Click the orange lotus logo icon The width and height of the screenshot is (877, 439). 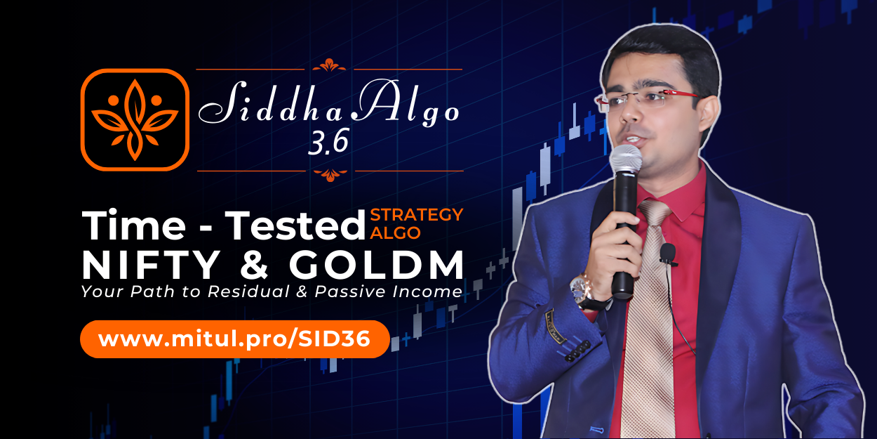pyautogui.click(x=135, y=119)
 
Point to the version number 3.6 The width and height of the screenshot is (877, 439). pyautogui.click(x=328, y=142)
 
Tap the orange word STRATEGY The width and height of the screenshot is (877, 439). pyautogui.click(x=417, y=214)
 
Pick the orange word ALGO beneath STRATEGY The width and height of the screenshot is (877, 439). pyautogui.click(x=395, y=232)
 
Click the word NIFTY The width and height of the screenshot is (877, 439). pyautogui.click(x=151, y=265)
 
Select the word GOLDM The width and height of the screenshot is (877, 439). pyautogui.click(x=377, y=265)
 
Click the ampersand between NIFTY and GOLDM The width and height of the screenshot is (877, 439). pyautogui.click(x=254, y=265)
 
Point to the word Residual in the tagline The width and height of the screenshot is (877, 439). pyautogui.click(x=248, y=291)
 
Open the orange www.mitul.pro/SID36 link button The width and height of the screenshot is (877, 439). pyautogui.click(x=234, y=339)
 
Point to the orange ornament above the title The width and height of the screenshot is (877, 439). pyautogui.click(x=329, y=65)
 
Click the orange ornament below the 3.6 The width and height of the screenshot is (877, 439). pyautogui.click(x=330, y=175)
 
